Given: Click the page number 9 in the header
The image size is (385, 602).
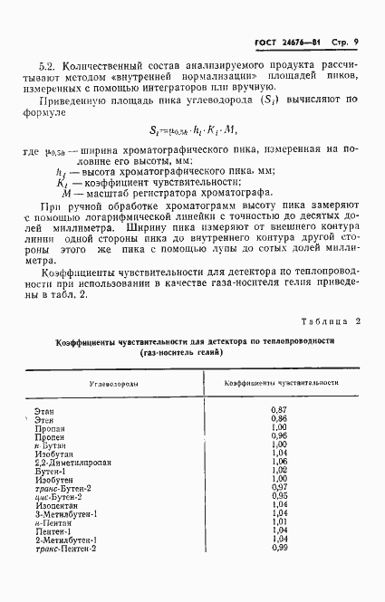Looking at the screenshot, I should [358, 42].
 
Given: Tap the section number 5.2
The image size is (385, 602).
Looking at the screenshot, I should [49, 66].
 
